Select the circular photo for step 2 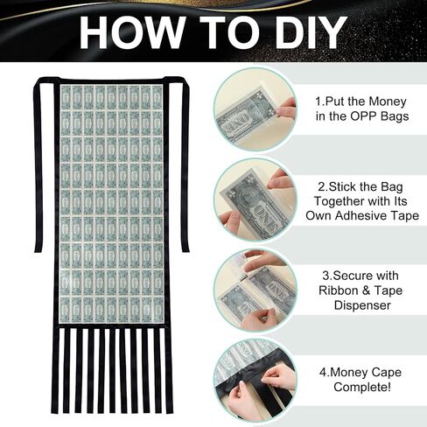(255, 199)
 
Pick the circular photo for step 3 (255, 290)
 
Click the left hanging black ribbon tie (38, 166)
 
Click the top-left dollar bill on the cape (66, 97)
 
